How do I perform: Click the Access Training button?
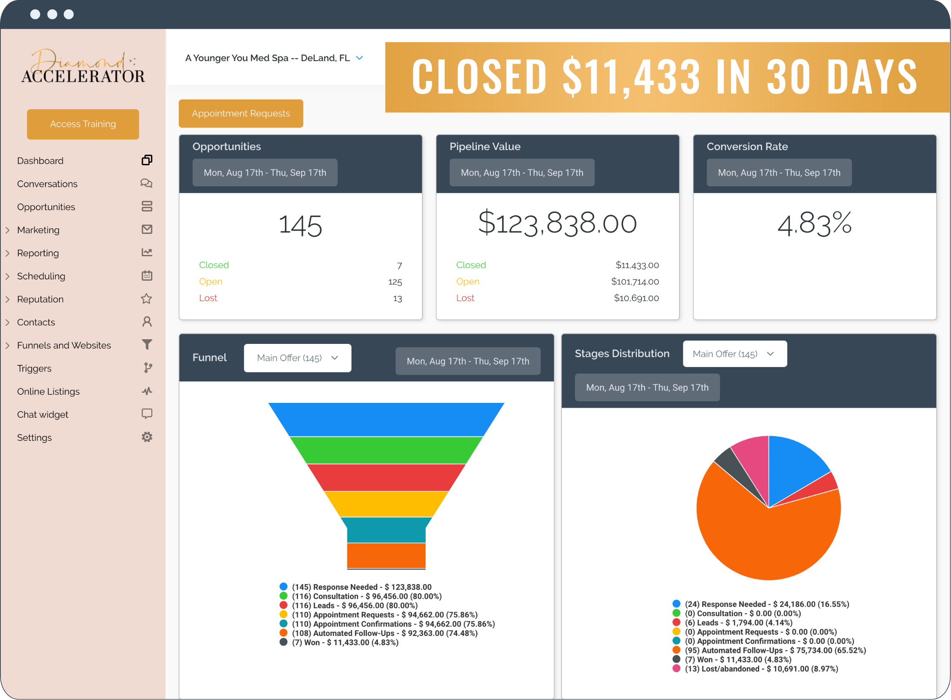point(83,124)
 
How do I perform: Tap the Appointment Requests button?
point(241,113)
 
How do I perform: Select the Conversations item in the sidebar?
point(47,184)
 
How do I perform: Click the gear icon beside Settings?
point(147,437)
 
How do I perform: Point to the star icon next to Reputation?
point(147,299)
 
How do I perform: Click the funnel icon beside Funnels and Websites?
point(147,345)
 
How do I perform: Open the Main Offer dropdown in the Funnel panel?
point(297,358)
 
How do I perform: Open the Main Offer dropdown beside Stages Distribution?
point(734,354)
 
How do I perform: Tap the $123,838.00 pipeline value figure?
point(557,223)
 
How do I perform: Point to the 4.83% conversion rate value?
point(814,223)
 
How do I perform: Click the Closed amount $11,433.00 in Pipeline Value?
point(637,265)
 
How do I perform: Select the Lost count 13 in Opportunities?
point(397,299)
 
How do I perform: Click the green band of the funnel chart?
point(386,451)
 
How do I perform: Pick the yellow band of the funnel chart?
point(386,504)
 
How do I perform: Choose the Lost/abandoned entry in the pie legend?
point(761,669)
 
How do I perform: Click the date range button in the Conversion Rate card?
point(779,173)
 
